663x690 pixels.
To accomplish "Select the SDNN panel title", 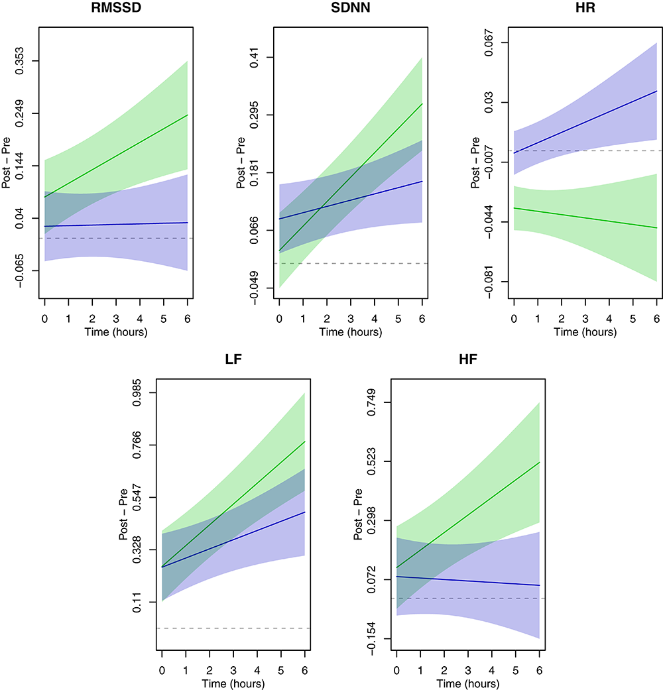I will (350, 9).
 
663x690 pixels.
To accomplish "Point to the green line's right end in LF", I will (304, 441).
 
